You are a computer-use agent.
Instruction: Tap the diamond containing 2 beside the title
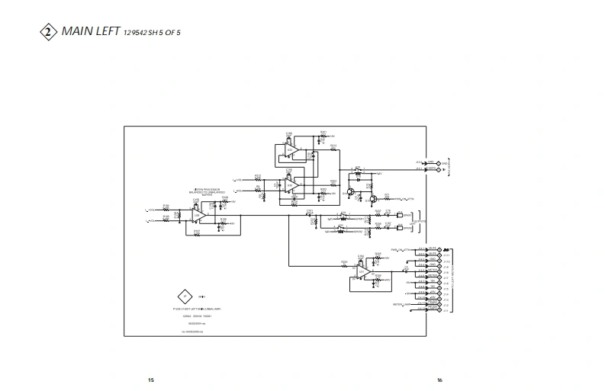[47, 32]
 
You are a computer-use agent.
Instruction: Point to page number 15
[150, 380]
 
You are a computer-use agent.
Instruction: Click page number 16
[439, 380]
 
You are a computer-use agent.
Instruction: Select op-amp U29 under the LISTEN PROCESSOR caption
[197, 216]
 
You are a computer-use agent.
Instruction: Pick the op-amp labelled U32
[290, 151]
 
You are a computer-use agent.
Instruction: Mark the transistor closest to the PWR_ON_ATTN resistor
[374, 198]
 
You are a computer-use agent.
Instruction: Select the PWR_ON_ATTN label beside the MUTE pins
[401, 249]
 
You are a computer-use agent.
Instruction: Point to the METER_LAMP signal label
[402, 304]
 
